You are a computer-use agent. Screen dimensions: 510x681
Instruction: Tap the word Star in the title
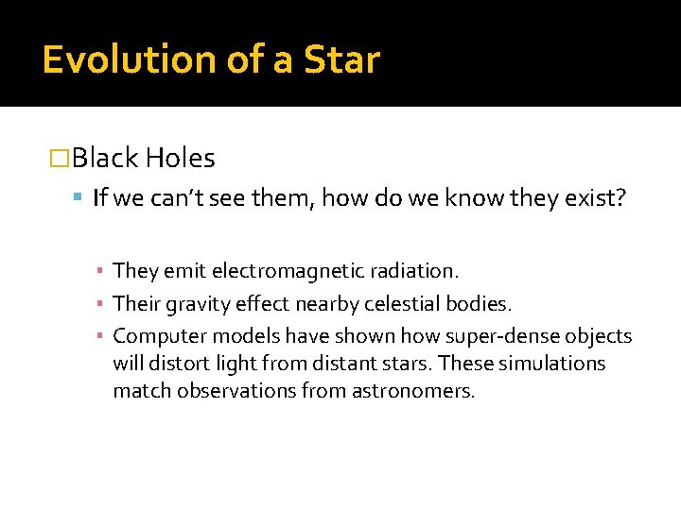click(x=341, y=59)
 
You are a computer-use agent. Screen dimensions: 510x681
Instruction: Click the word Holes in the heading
click(x=181, y=159)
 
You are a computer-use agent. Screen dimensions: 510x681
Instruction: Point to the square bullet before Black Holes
click(x=60, y=159)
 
